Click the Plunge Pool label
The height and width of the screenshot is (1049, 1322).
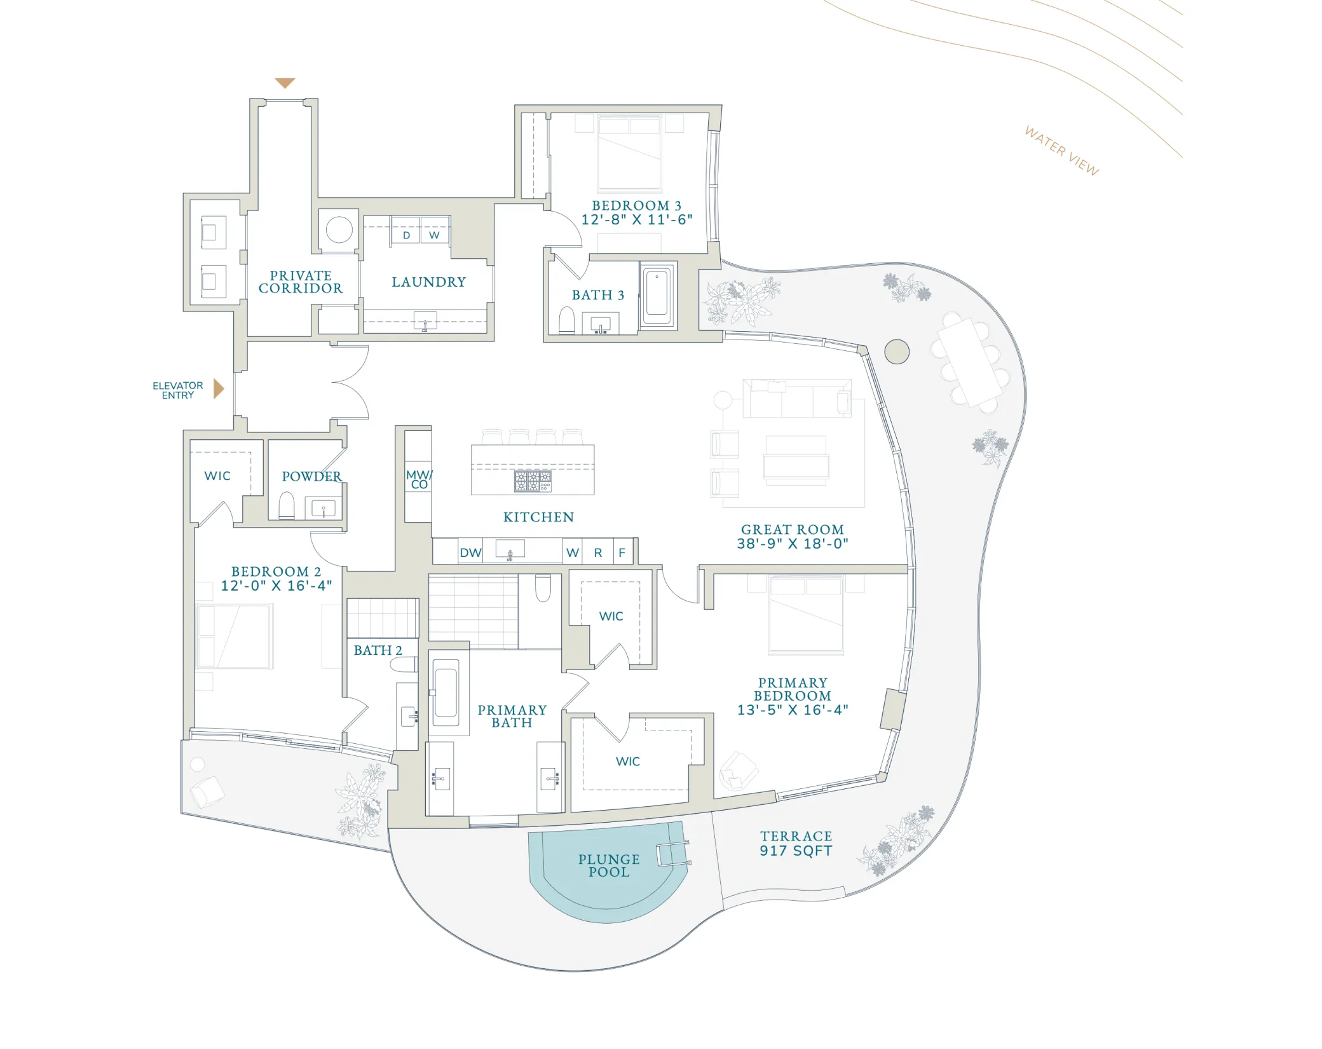pyautogui.click(x=608, y=866)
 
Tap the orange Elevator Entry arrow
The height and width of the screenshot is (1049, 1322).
pyautogui.click(x=219, y=388)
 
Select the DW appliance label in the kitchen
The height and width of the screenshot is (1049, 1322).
pyautogui.click(x=470, y=553)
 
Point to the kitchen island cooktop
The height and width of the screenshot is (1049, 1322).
pyautogui.click(x=533, y=481)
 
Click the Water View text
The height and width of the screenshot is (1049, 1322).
pyautogui.click(x=1061, y=151)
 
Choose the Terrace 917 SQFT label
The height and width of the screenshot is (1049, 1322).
pyautogui.click(x=796, y=844)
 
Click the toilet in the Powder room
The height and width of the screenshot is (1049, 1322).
pyautogui.click(x=287, y=505)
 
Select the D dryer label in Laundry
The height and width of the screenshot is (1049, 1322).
pyautogui.click(x=406, y=235)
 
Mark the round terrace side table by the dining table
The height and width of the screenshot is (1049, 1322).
pyautogui.click(x=897, y=352)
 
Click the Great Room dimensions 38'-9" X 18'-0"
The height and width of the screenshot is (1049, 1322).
pyautogui.click(x=793, y=544)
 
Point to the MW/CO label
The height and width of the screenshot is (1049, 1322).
pyautogui.click(x=419, y=479)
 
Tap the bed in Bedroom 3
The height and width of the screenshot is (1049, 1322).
pyautogui.click(x=629, y=154)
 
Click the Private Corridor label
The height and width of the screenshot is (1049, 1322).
pyautogui.click(x=301, y=282)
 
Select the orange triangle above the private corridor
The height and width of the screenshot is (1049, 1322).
pyautogui.click(x=285, y=83)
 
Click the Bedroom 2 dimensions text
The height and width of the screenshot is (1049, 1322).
pyautogui.click(x=276, y=586)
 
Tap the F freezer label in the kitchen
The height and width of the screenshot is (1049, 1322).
pyautogui.click(x=622, y=553)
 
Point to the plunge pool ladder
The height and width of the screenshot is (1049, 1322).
pyautogui.click(x=673, y=853)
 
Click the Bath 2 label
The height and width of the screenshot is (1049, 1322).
pyautogui.click(x=378, y=650)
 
